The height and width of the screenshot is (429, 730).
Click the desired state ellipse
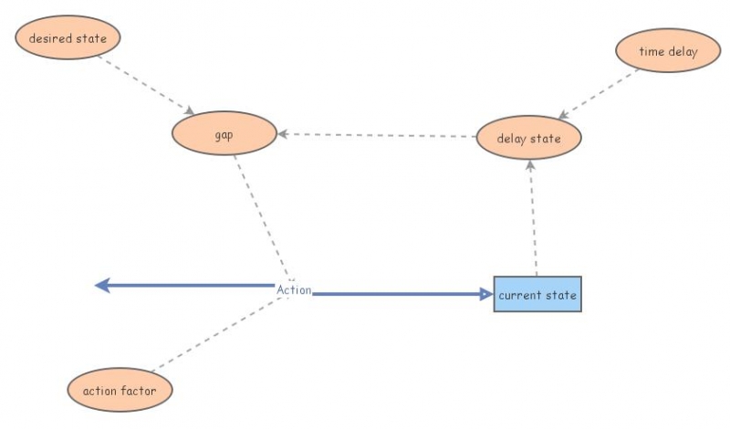(x=68, y=38)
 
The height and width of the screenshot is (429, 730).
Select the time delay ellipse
(x=669, y=51)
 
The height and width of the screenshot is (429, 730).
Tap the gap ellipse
(x=224, y=134)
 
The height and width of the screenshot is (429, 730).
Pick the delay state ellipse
(x=529, y=139)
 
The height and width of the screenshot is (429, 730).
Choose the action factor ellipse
(x=120, y=391)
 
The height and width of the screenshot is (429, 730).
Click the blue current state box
(x=537, y=295)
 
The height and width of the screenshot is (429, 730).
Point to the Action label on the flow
(x=294, y=290)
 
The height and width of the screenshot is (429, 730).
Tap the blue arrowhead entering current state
(x=486, y=294)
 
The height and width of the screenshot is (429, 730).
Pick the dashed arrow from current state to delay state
(x=533, y=219)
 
